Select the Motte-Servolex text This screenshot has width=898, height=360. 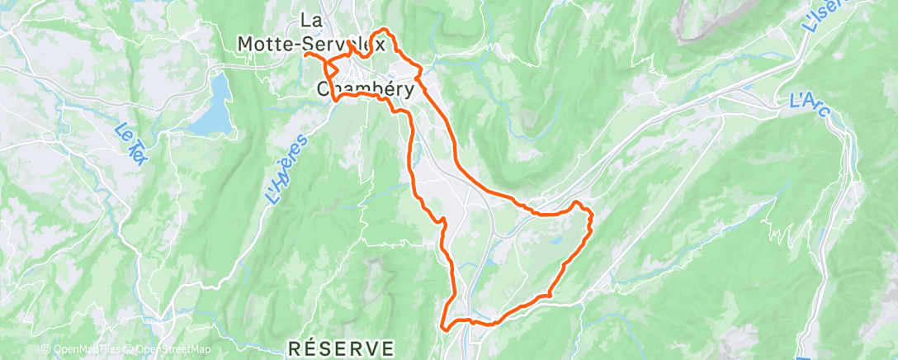click(311, 44)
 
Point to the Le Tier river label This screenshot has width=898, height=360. click(130, 143)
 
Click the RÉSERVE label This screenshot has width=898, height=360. click(342, 348)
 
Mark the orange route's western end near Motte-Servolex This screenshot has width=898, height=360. click(305, 54)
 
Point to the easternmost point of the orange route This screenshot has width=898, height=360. click(593, 216)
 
